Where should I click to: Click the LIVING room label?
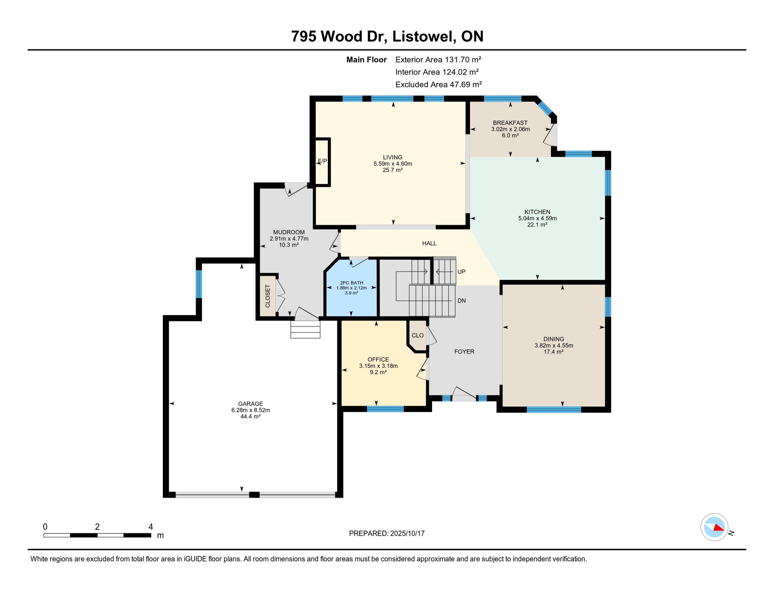pyautogui.click(x=392, y=157)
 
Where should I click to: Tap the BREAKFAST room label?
pyautogui.click(x=510, y=123)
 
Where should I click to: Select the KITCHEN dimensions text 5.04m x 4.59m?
pyautogui.click(x=537, y=218)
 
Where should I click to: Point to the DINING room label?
pyautogui.click(x=554, y=339)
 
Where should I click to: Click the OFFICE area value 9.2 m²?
pyautogui.click(x=378, y=372)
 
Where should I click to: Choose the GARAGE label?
pyautogui.click(x=251, y=404)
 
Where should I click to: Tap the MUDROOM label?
pyautogui.click(x=289, y=232)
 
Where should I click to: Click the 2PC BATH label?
pyautogui.click(x=352, y=283)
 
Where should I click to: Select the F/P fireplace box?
pyautogui.click(x=322, y=161)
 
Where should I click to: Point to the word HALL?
pyautogui.click(x=429, y=243)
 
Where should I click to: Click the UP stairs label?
pyautogui.click(x=461, y=272)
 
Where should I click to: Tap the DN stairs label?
pyautogui.click(x=462, y=301)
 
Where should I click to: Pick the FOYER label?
pyautogui.click(x=464, y=352)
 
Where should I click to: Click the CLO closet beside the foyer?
pyautogui.click(x=418, y=335)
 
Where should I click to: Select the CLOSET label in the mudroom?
pyautogui.click(x=268, y=296)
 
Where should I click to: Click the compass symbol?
pyautogui.click(x=714, y=527)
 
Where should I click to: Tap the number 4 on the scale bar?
pyautogui.click(x=151, y=527)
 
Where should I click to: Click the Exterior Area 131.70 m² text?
pyautogui.click(x=438, y=60)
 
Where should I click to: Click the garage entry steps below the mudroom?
pyautogui.click(x=305, y=329)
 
